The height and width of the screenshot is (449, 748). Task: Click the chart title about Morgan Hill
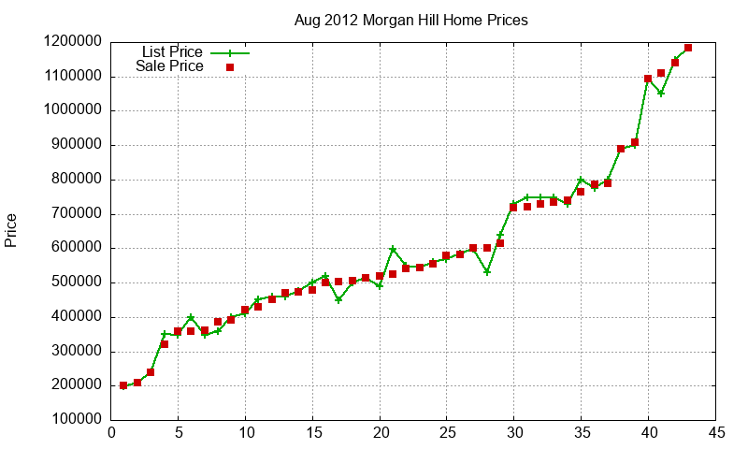point(411,20)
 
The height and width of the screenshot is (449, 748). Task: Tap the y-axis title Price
point(11,230)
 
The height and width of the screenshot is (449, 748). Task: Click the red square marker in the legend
point(230,67)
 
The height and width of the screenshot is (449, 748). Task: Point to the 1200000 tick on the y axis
point(73,42)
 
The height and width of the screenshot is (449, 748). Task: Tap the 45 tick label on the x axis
point(716,432)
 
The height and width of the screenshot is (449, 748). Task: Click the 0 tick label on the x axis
point(111,432)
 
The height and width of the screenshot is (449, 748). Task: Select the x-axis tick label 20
point(380,432)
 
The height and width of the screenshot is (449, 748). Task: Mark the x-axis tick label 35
point(582,432)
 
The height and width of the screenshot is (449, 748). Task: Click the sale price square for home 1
point(124,385)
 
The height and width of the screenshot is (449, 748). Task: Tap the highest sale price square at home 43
point(688,48)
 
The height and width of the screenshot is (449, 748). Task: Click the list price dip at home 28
point(487,272)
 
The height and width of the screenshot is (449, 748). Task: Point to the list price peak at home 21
point(393,249)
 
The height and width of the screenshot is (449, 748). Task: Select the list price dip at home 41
point(661,93)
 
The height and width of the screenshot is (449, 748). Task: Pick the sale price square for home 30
point(513,207)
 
